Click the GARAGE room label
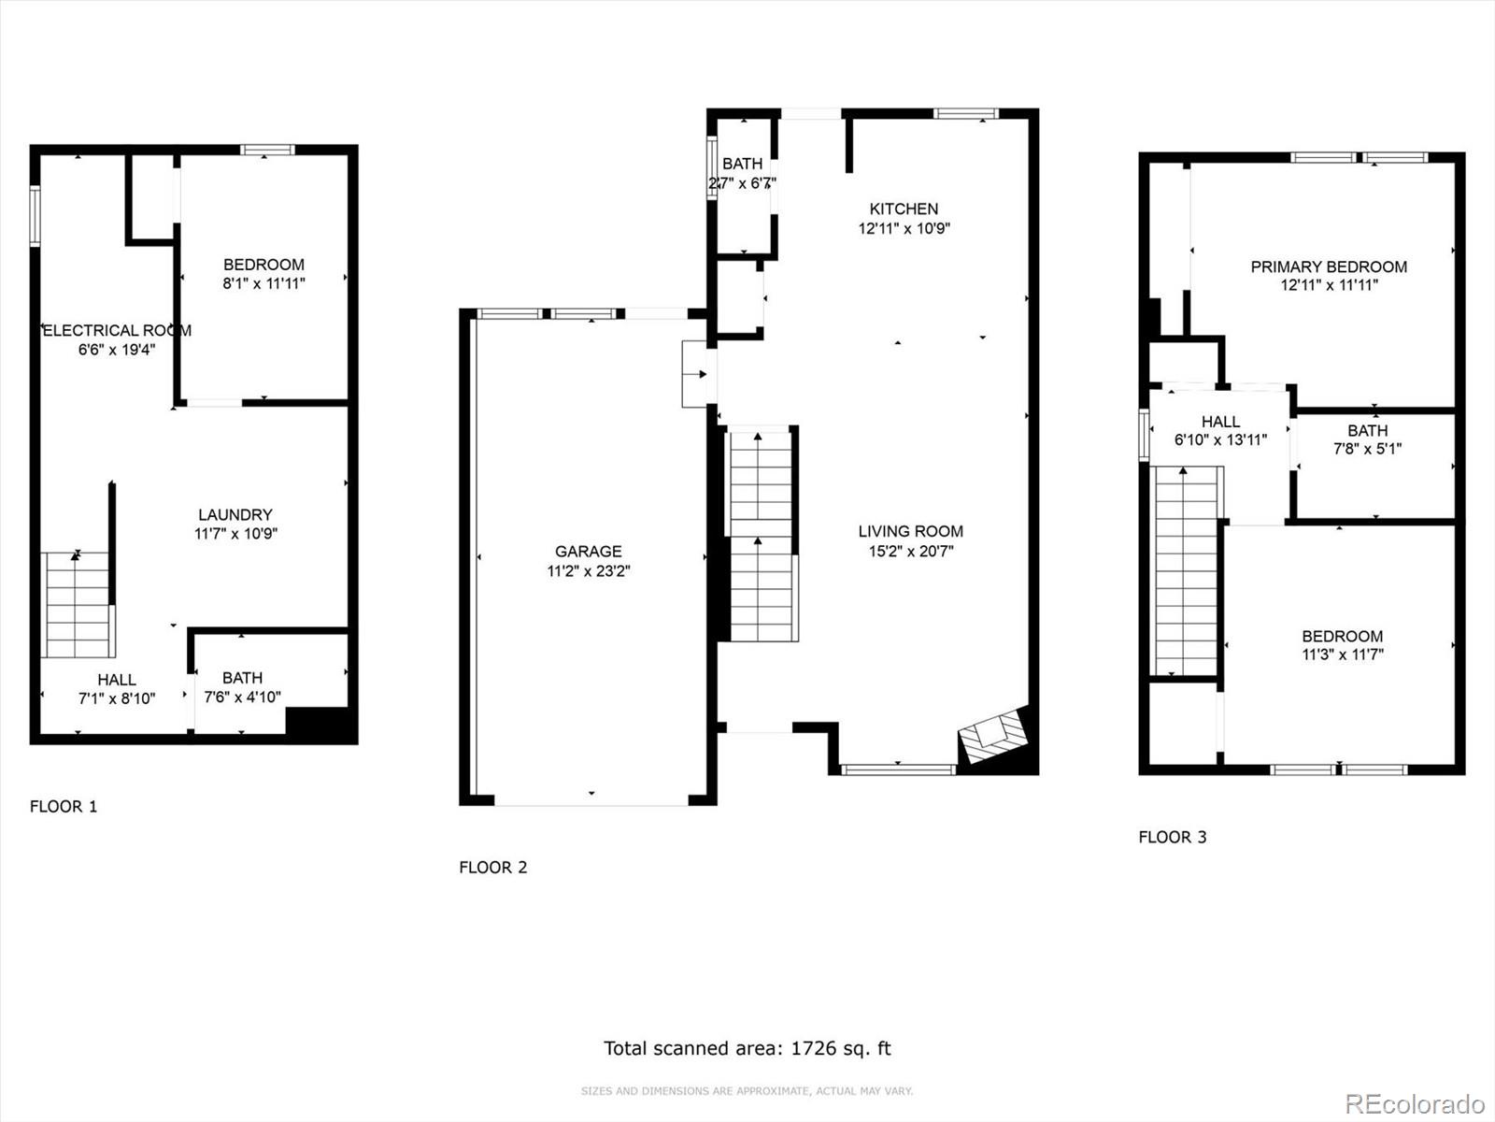(x=588, y=552)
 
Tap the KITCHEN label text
(x=904, y=209)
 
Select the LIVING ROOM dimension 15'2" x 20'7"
(x=910, y=552)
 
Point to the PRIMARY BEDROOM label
(x=1328, y=266)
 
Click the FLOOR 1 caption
(x=64, y=806)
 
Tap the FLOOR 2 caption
(x=492, y=867)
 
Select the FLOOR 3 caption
(x=1172, y=837)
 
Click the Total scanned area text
(x=747, y=1048)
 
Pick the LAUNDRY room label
(x=235, y=514)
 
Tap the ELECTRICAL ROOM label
(x=117, y=330)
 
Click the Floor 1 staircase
(x=78, y=604)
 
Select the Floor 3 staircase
(x=1187, y=570)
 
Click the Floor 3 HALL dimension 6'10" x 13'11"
(x=1220, y=440)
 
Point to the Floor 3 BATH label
(x=1367, y=430)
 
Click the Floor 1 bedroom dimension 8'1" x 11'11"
(x=263, y=283)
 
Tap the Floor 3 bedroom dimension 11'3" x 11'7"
(x=1343, y=654)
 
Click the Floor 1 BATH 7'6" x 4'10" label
(x=242, y=687)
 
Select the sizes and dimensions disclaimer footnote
(x=747, y=1091)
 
